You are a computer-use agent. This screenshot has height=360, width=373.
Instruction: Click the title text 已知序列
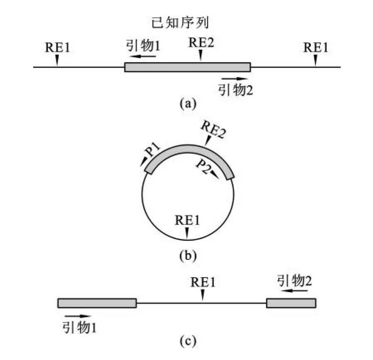(x=180, y=23)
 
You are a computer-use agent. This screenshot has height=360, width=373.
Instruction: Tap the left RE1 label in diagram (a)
(x=57, y=47)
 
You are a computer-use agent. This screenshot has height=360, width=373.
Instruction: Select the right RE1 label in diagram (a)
(x=315, y=47)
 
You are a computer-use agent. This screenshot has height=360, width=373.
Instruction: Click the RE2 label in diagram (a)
(x=201, y=43)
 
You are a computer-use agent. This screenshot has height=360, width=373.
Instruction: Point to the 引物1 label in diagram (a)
(x=143, y=46)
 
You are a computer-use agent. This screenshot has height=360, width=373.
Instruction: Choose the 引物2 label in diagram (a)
(x=235, y=90)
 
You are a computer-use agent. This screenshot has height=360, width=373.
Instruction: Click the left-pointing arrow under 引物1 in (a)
(x=143, y=56)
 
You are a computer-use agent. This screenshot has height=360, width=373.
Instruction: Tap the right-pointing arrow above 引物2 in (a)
(x=235, y=79)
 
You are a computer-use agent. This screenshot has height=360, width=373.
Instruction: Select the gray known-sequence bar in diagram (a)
(x=187, y=67)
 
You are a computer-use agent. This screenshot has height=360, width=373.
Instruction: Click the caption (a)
(x=188, y=104)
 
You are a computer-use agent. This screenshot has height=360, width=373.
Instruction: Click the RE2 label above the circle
(x=213, y=130)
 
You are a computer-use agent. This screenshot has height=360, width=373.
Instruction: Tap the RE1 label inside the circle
(x=187, y=220)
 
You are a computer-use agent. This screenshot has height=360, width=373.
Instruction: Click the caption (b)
(x=188, y=256)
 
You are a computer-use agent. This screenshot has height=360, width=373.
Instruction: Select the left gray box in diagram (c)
(x=97, y=303)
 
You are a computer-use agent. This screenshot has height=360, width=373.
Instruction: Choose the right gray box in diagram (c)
(x=291, y=303)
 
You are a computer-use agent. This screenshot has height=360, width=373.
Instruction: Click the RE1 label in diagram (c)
(x=203, y=282)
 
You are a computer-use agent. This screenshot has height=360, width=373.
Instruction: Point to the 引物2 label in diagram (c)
(x=294, y=281)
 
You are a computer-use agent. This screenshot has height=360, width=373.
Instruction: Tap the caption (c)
(x=188, y=341)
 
